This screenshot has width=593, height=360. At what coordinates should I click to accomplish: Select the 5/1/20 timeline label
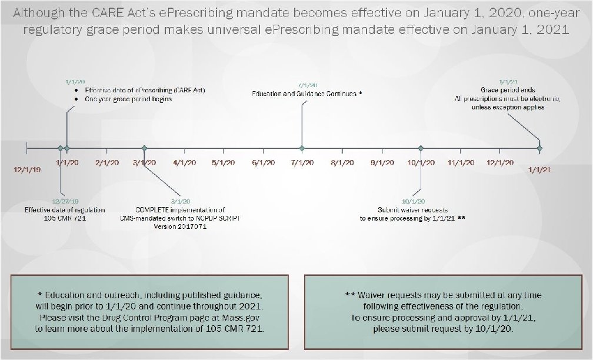pyautogui.click(x=224, y=162)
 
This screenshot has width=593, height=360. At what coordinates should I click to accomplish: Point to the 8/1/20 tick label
pyautogui.click(x=342, y=162)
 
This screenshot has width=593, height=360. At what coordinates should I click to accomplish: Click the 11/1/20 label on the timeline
pyautogui.click(x=461, y=162)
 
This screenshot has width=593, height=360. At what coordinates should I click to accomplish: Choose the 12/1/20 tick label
pyautogui.click(x=499, y=162)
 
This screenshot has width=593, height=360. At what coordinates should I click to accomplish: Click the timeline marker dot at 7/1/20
pyautogui.click(x=302, y=149)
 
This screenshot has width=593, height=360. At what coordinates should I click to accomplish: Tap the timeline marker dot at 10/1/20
pyautogui.click(x=420, y=149)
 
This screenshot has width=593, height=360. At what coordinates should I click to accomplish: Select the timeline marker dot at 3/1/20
pyautogui.click(x=144, y=149)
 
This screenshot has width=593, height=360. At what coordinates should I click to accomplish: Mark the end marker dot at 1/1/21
pyautogui.click(x=539, y=149)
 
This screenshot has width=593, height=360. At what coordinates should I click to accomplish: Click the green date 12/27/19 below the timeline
pyautogui.click(x=65, y=201)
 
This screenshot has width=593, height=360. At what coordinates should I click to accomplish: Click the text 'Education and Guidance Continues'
pyautogui.click(x=304, y=94)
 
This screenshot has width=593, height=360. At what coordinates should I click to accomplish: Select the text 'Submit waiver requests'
pyautogui.click(x=413, y=209)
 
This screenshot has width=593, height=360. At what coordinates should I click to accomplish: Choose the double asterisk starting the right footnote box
pyautogui.click(x=349, y=295)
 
